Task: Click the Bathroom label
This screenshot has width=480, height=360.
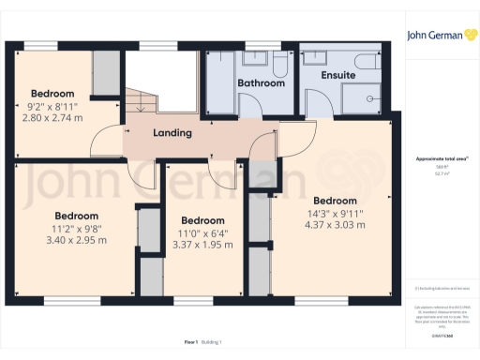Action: pos(261,83)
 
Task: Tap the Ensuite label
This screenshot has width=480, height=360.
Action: pos(336,76)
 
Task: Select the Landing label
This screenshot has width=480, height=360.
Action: pos(172,133)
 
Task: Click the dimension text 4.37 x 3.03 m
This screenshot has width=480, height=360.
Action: pos(335,225)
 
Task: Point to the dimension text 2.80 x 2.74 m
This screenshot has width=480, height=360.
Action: pos(52,117)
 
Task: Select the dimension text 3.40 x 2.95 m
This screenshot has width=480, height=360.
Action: pos(69,239)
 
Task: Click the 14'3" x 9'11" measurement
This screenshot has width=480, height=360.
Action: pos(335,213)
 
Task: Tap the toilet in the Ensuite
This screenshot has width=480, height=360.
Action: pos(313,58)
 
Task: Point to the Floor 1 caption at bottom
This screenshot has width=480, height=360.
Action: pos(191,344)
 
